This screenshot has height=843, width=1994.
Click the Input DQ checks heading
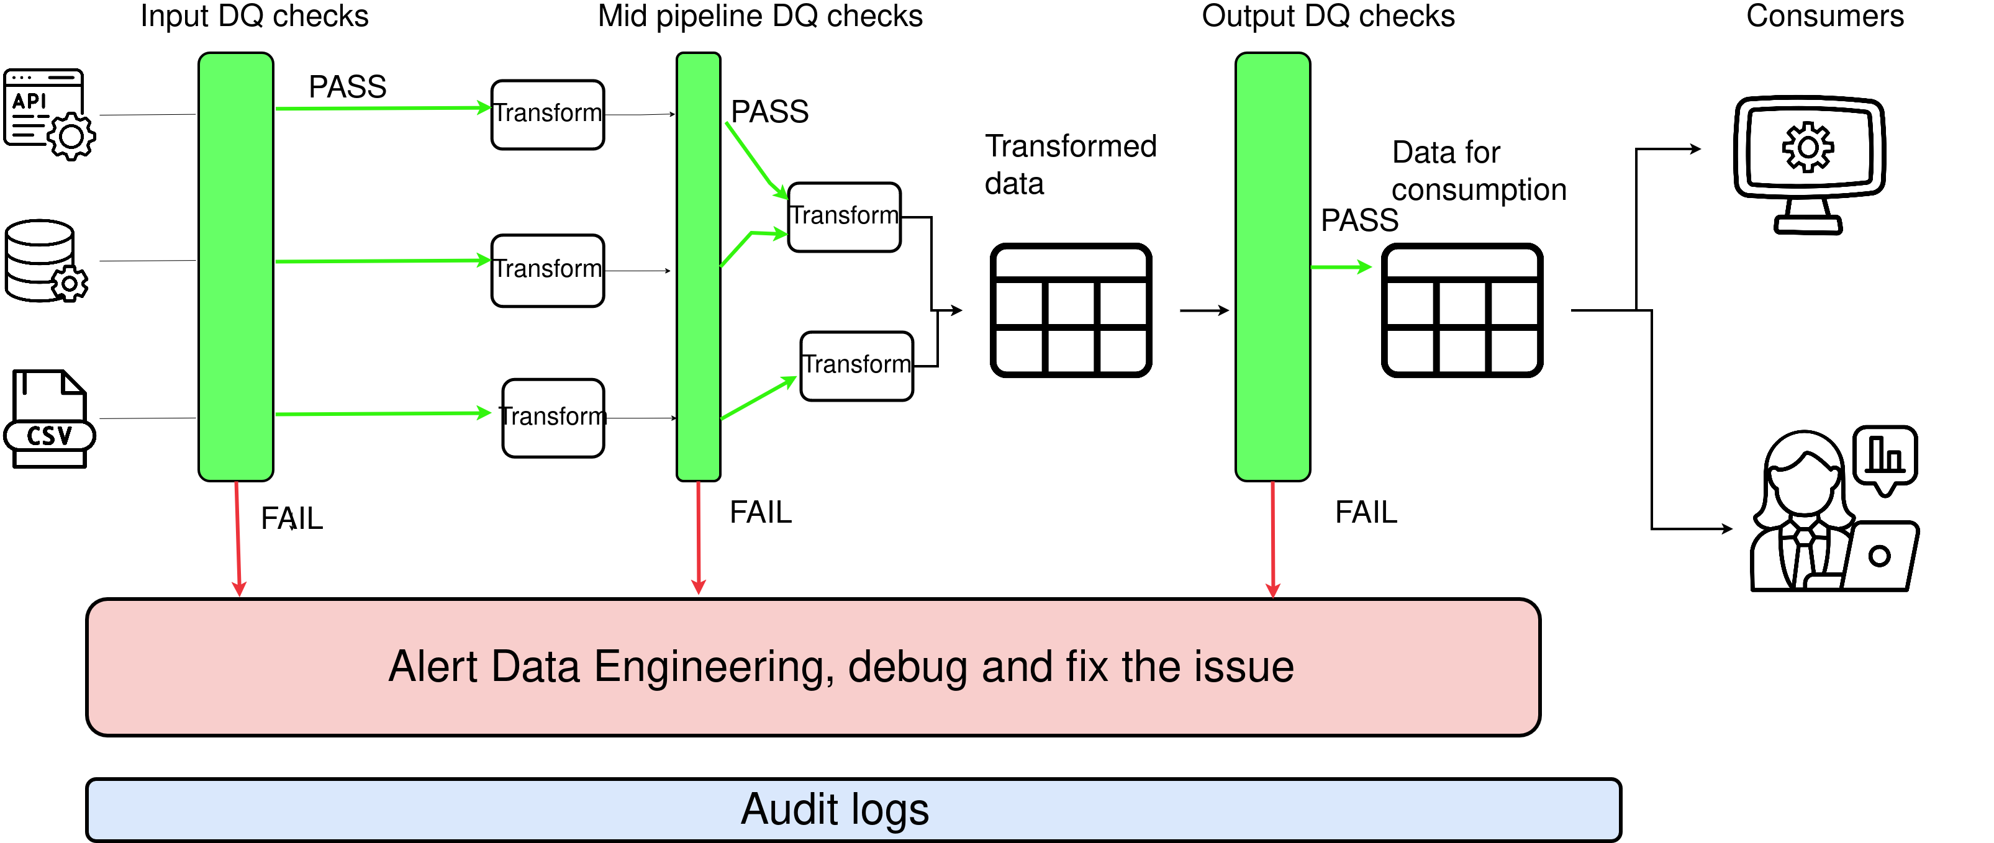254,16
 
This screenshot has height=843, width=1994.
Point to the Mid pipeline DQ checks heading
760,16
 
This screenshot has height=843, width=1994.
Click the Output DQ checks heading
1328,16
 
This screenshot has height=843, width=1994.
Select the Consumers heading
1824,16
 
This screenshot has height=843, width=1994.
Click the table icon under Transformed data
1071,310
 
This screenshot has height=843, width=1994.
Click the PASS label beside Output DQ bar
1359,220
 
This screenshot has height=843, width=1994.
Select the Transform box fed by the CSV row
553,418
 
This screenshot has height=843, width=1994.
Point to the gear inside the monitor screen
1808,147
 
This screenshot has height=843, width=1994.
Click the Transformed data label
1070,164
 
